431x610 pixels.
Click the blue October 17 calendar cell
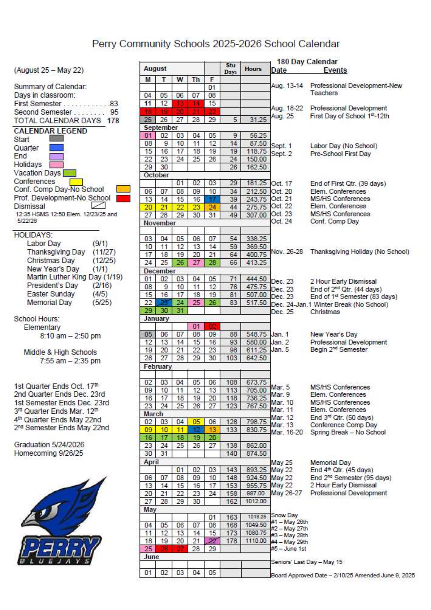point(212,200)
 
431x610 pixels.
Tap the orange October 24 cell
point(212,208)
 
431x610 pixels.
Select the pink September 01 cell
point(148,136)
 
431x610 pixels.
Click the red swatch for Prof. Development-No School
point(123,198)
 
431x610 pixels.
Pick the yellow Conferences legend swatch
point(76,182)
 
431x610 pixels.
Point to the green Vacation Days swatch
point(70,173)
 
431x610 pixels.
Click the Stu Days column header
point(230,69)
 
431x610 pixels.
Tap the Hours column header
point(253,69)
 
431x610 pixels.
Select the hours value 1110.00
point(256,541)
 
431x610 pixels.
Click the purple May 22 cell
point(212,541)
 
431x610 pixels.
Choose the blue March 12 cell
point(196,430)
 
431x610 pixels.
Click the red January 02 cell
point(212,326)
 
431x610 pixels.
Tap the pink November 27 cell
point(196,263)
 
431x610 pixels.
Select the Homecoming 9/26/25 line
point(49,453)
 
